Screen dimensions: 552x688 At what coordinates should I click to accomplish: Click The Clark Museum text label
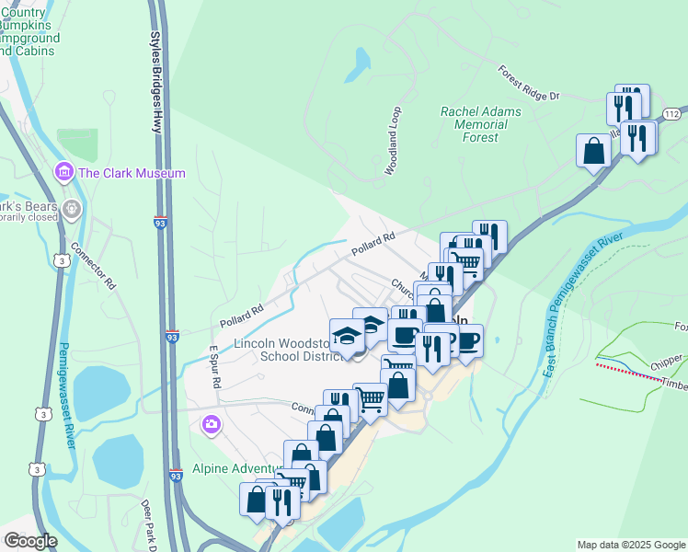coord(132,173)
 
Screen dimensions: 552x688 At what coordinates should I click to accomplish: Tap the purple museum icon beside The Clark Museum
coord(63,172)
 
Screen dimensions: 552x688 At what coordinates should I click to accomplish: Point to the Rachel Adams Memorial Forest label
coord(480,124)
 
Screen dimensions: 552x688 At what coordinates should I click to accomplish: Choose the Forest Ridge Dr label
coord(529,83)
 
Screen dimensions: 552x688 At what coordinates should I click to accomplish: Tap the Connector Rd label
coord(94,267)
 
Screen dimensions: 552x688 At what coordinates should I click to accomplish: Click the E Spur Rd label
coord(214,366)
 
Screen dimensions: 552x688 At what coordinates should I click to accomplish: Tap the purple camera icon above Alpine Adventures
coord(212,424)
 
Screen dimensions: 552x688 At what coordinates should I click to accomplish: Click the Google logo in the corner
coord(29,541)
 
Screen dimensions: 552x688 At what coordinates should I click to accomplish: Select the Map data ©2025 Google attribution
coord(630,545)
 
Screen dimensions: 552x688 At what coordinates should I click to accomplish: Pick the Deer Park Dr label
coord(147,522)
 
